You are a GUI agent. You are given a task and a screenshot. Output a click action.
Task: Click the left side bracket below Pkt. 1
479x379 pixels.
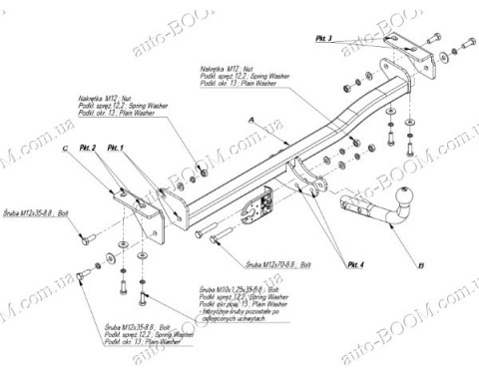[x=150, y=214]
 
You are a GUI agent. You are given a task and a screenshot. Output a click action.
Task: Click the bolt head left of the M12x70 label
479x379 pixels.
[x=202, y=235]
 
